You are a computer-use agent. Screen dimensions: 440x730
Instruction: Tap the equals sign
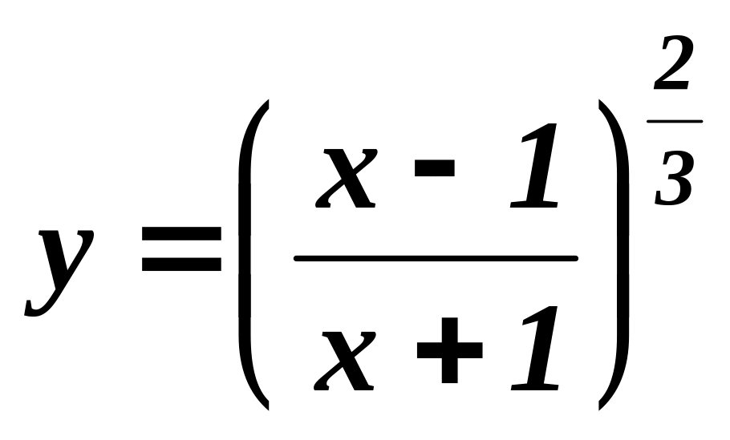click(x=182, y=248)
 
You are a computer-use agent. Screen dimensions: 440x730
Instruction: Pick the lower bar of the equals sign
click(x=182, y=264)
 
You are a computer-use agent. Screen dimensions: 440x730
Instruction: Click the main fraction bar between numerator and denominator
click(x=436, y=258)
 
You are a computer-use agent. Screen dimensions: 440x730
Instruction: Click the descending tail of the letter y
click(x=36, y=309)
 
